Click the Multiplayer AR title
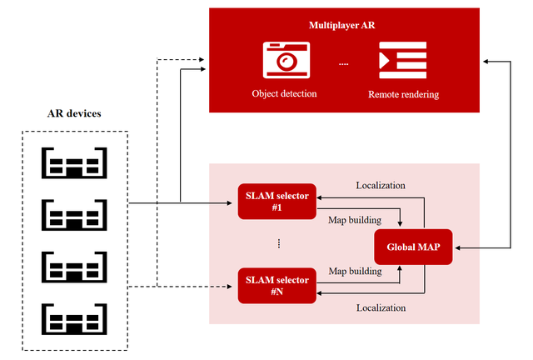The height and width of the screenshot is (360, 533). coord(343,25)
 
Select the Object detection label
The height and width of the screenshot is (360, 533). coord(284,93)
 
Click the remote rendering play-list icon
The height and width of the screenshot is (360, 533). coord(403,60)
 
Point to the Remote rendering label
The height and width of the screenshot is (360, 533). coord(403,94)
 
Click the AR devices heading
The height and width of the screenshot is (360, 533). coord(75,113)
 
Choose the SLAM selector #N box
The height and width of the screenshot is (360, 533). coord(277,285)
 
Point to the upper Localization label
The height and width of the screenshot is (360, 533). coord(381,184)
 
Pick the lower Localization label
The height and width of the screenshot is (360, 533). coord(381,307)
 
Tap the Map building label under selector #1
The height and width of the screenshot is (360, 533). coord(355,220)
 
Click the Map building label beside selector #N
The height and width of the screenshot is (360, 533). coord(355,271)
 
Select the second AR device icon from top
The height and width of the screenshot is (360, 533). coord(75,214)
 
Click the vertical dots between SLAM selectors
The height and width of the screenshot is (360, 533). coord(278,243)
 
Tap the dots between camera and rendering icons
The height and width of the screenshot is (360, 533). coord(344,63)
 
